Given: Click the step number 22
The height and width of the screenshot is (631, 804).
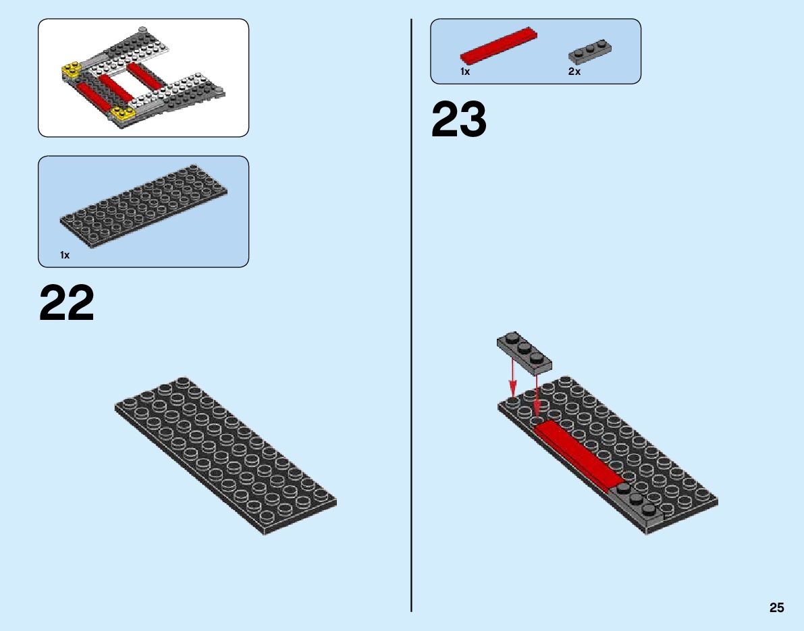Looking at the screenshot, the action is pyautogui.click(x=67, y=304).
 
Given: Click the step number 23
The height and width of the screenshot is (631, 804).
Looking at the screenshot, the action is pyautogui.click(x=458, y=120).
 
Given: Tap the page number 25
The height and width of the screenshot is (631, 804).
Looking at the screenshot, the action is pyautogui.click(x=776, y=607).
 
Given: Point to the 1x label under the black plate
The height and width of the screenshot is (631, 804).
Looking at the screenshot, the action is pyautogui.click(x=65, y=255).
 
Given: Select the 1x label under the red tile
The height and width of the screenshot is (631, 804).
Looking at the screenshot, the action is pyautogui.click(x=465, y=72).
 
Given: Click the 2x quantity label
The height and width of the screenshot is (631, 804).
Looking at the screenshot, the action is pyautogui.click(x=574, y=72).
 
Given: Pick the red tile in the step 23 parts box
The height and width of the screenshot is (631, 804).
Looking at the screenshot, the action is pyautogui.click(x=500, y=47).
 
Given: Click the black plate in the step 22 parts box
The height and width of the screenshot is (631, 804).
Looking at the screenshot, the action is pyautogui.click(x=143, y=204).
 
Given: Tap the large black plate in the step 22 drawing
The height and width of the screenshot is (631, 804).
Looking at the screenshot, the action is pyautogui.click(x=225, y=456).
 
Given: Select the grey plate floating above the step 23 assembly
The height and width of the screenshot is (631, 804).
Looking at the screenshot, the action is pyautogui.click(x=525, y=353).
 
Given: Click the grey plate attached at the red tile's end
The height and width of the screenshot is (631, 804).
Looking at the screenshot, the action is pyautogui.click(x=637, y=503).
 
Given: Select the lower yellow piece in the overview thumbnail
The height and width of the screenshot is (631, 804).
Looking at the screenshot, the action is pyautogui.click(x=122, y=114).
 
